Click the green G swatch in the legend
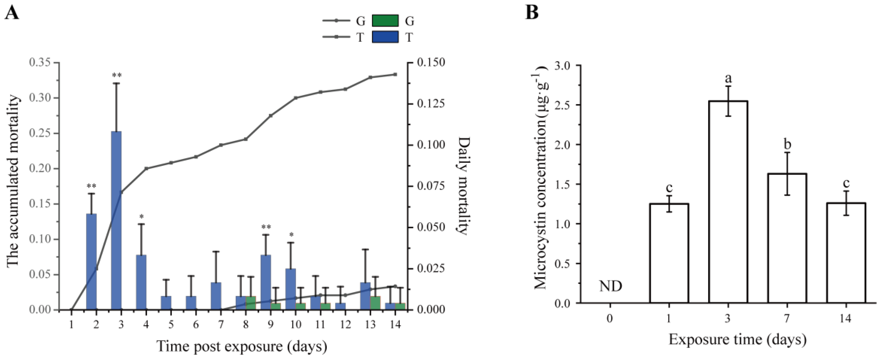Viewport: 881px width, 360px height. (x=385, y=21)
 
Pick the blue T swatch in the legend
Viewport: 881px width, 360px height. (x=385, y=37)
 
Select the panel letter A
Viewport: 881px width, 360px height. (x=11, y=13)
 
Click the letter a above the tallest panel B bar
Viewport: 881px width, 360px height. (x=728, y=78)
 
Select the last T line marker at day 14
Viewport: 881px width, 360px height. (x=395, y=74)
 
